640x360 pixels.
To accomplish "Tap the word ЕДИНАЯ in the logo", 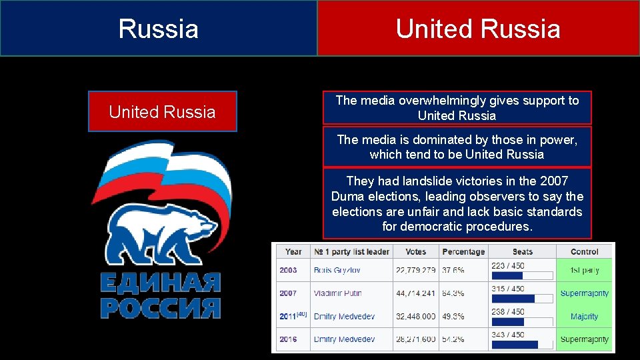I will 160,283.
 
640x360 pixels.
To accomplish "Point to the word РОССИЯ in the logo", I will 160,307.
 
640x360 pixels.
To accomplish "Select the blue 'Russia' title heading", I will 159,29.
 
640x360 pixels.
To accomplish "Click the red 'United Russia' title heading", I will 478,29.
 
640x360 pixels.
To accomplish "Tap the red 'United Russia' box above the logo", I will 163,111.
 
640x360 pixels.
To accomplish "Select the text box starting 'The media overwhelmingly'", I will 457,108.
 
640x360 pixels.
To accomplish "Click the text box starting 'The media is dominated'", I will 457,147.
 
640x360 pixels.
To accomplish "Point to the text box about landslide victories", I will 457,203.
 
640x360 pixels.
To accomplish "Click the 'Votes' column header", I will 415,251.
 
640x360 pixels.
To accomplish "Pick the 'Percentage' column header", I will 463,251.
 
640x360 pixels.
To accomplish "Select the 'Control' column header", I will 585,251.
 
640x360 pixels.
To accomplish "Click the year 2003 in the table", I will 289,270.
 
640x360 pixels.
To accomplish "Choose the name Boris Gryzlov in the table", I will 337,270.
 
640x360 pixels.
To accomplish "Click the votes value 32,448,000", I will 415,317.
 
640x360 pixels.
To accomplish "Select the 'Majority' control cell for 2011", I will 585,317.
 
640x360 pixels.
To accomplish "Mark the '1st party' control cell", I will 585,270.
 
